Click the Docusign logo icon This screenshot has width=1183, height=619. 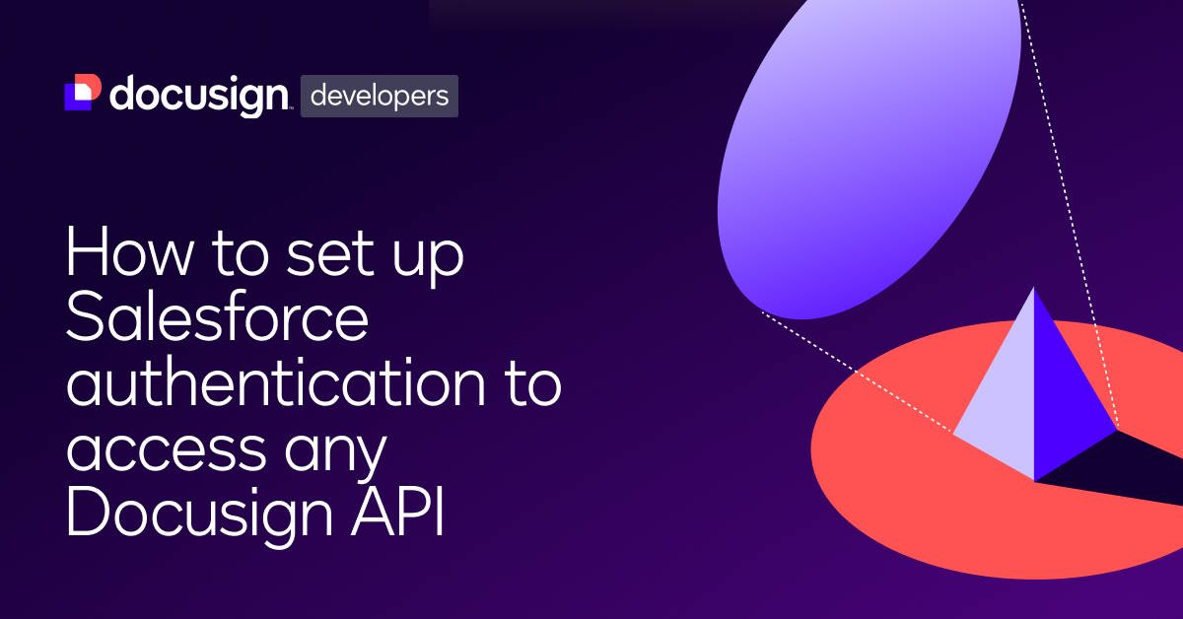pos(83,93)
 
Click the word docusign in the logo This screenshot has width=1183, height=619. pos(197,95)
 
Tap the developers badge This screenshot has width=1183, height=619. pos(380,96)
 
